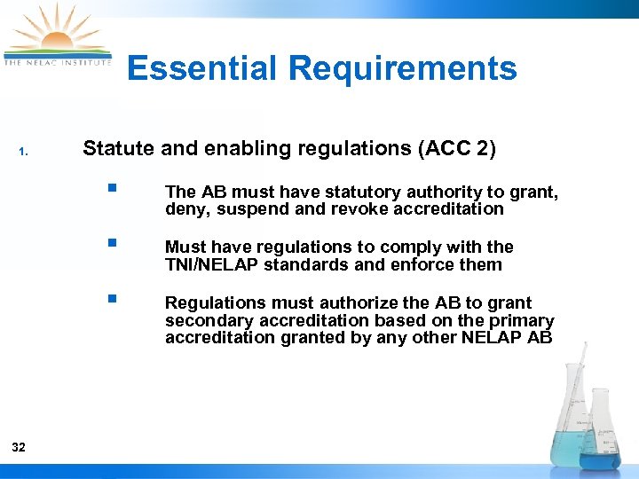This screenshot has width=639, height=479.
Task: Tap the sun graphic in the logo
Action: click(x=56, y=35)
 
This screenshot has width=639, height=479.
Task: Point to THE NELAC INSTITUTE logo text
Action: click(x=58, y=62)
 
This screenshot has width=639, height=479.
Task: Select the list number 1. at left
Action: click(x=24, y=152)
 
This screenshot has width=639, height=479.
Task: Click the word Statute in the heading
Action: click(x=117, y=148)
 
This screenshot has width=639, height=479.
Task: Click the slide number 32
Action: click(x=20, y=447)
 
